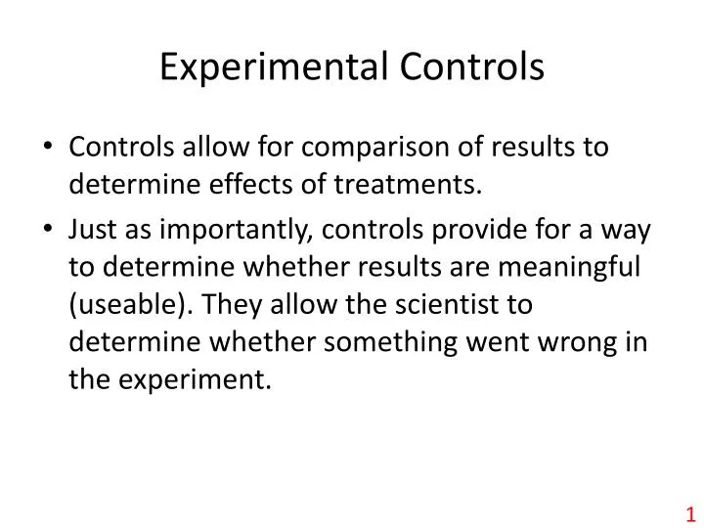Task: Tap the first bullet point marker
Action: (x=50, y=148)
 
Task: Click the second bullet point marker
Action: (x=50, y=227)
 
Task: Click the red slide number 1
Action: (x=688, y=513)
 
